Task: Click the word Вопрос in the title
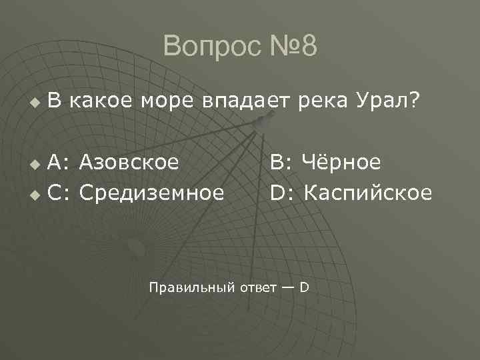[206, 47]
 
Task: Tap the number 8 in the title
[307, 47]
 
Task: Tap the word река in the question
[317, 102]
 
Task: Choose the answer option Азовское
[130, 162]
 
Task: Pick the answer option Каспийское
[369, 193]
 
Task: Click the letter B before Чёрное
[276, 162]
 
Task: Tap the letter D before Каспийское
[277, 193]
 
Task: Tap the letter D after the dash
[303, 287]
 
